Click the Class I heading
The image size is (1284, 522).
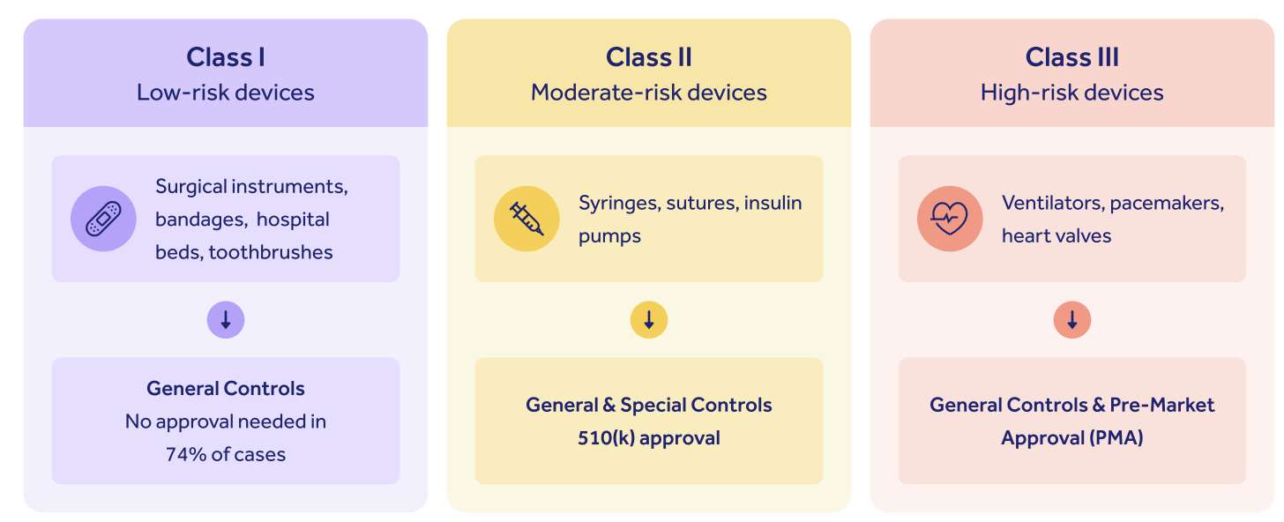pos(226,57)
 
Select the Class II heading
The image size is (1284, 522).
pos(649,57)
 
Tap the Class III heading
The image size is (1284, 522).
pos(1072,57)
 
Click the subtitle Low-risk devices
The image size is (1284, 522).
pos(226,93)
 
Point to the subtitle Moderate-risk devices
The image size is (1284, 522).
pos(649,93)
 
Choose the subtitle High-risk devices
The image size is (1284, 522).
pos(1072,93)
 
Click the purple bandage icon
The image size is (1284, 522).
pos(103,219)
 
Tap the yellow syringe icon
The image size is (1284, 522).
pos(526,219)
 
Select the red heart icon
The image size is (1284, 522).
pos(950,219)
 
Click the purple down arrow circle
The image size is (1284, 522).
pos(226,320)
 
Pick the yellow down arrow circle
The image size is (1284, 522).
pos(649,320)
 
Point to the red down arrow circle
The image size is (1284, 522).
pos(1072,320)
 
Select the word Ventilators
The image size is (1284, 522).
pos(1052,203)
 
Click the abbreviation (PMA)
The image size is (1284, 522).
pos(1116,438)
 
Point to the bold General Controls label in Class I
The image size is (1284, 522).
pos(226,389)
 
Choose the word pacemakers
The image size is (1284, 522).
pos(1167,203)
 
